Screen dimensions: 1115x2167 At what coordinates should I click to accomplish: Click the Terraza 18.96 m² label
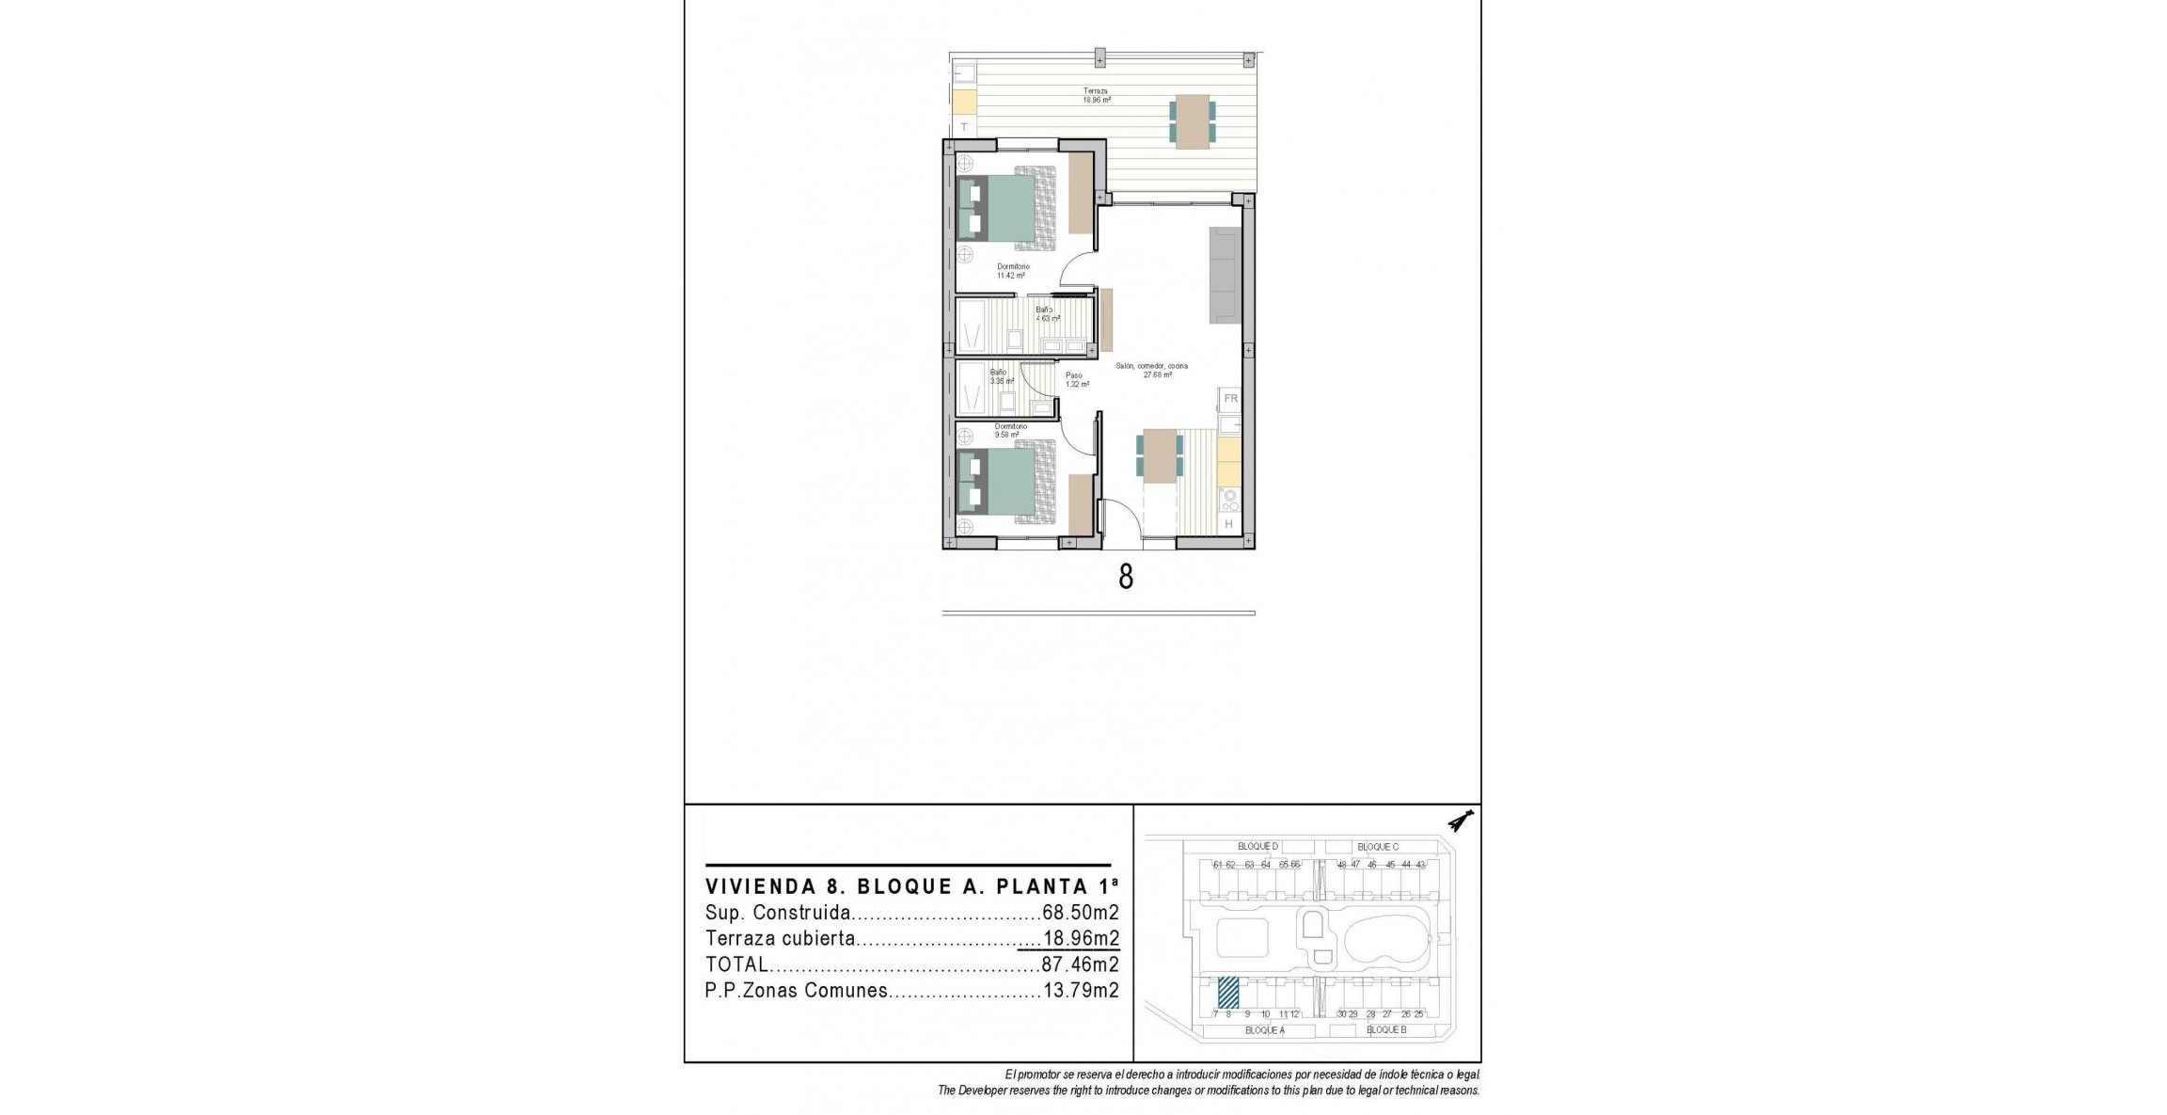[x=1095, y=95]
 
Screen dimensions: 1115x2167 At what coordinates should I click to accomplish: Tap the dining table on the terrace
[x=1192, y=121]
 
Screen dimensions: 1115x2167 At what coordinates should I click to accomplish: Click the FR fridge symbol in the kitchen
[x=1230, y=399]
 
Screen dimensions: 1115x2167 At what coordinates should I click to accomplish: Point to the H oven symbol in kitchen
[x=1228, y=524]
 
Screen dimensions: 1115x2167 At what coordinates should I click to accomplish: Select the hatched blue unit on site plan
[x=1228, y=992]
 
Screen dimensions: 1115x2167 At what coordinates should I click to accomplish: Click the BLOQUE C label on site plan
[x=1378, y=847]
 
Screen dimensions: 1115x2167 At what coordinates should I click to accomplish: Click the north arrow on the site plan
[x=1460, y=822]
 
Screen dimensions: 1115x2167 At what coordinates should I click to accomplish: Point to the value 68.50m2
[x=1081, y=913]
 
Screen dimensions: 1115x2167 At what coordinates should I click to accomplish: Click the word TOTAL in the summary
[x=736, y=964]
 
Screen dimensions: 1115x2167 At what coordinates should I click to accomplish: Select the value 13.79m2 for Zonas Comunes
[x=1081, y=991]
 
